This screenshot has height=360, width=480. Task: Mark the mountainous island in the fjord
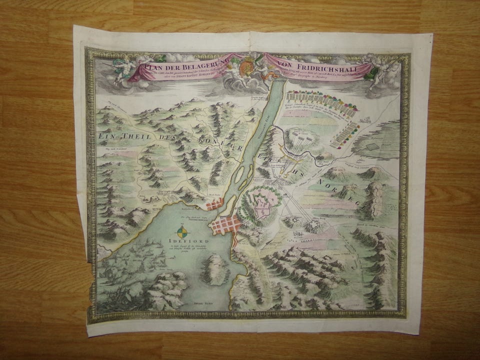pyautogui.click(x=215, y=267)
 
